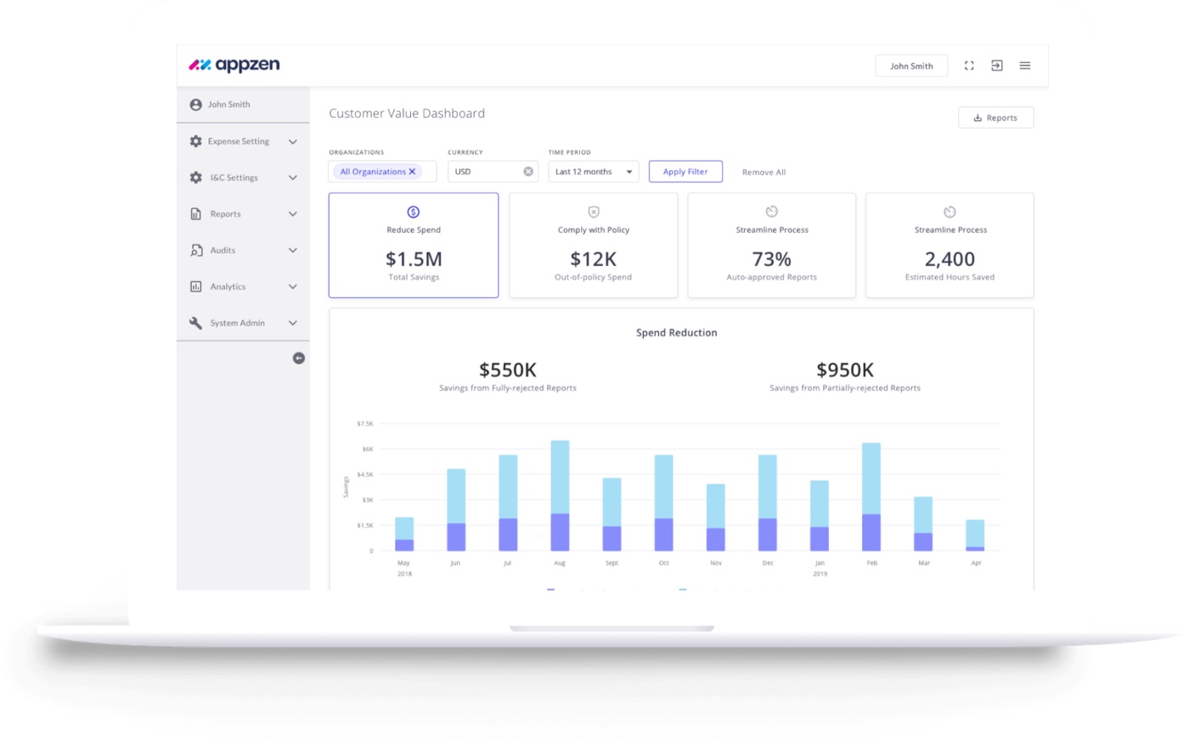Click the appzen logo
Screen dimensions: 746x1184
[x=234, y=65]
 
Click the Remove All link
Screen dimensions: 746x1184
[x=764, y=172]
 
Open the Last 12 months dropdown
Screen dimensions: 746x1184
[x=593, y=172]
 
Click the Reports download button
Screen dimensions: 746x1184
[x=995, y=118]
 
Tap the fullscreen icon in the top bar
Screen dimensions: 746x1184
[x=969, y=65]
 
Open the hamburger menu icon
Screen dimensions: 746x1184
[x=1025, y=65]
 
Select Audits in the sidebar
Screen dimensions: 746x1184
[x=223, y=251]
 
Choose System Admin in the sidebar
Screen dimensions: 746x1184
[x=237, y=323]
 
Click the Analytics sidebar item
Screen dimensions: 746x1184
[x=228, y=287]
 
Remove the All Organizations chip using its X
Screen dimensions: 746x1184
[x=413, y=172]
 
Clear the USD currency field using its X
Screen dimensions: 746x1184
[x=528, y=172]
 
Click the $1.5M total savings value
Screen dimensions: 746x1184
[x=414, y=259]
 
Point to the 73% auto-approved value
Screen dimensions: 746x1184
[x=771, y=259]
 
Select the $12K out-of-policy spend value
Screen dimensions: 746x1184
[x=593, y=259]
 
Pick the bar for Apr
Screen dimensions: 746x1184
[x=975, y=535]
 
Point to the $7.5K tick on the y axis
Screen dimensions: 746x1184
[x=364, y=423]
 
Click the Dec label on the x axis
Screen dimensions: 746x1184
[x=768, y=563]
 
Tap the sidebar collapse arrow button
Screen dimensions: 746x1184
[x=298, y=359]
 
